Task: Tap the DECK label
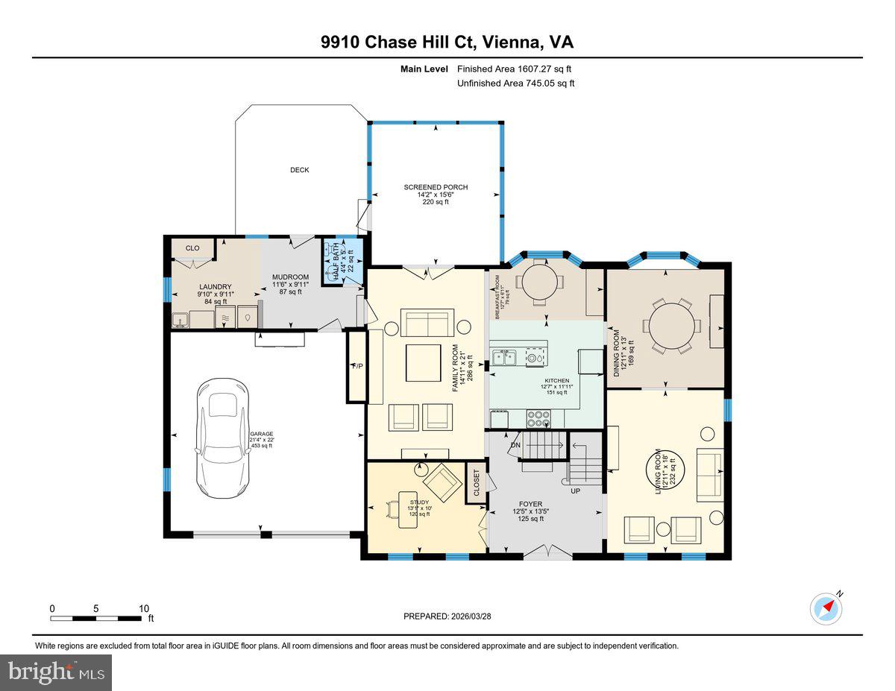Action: tap(299, 170)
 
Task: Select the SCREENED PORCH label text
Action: tap(436, 187)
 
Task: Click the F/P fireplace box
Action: tap(357, 366)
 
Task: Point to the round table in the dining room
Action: tap(673, 326)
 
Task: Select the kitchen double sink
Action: tap(504, 356)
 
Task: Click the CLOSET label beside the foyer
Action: tap(477, 483)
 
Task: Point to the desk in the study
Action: tap(407, 509)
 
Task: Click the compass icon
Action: tap(826, 608)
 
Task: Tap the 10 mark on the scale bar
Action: tap(144, 608)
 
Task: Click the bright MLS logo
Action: tap(56, 672)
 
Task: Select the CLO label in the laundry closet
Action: tap(192, 248)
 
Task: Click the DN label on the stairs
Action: tap(515, 445)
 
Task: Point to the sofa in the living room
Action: tap(709, 475)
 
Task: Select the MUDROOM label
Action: tap(290, 277)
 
